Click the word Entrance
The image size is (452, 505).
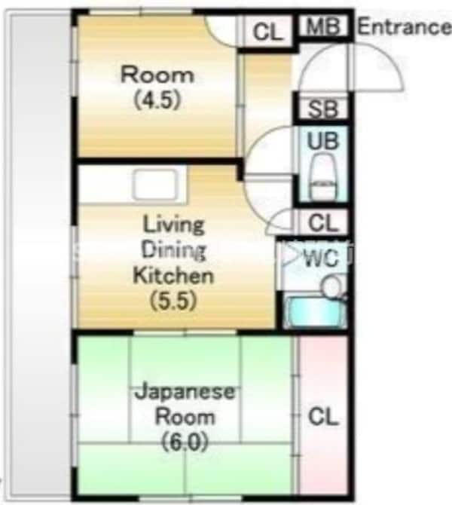click(403, 28)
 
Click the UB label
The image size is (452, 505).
click(323, 141)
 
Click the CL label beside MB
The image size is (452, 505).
click(267, 32)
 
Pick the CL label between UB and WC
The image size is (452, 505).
click(324, 223)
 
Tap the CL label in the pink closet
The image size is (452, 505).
click(323, 416)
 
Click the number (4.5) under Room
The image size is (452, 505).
click(157, 100)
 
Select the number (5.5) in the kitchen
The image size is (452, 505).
click(173, 301)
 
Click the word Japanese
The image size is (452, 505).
click(185, 393)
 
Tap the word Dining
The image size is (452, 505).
click(174, 250)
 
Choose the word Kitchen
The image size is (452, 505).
click(173, 276)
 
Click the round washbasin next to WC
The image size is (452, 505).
click(331, 286)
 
